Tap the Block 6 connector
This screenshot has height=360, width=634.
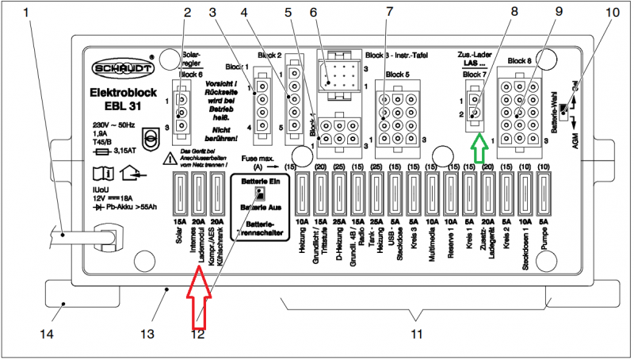click(182, 111)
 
